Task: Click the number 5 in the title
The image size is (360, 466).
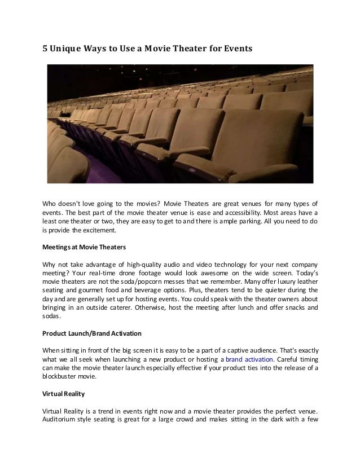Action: tap(46, 50)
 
